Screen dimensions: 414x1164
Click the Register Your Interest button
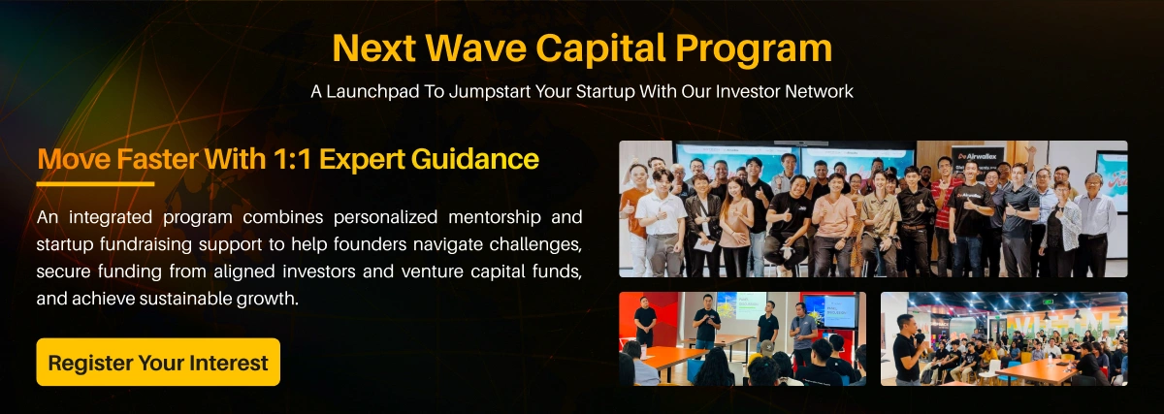(x=158, y=363)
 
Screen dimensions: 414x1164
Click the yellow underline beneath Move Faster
(x=95, y=182)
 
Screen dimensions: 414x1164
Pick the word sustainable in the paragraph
(x=166, y=299)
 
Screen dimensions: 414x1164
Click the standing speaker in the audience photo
(x=909, y=349)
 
